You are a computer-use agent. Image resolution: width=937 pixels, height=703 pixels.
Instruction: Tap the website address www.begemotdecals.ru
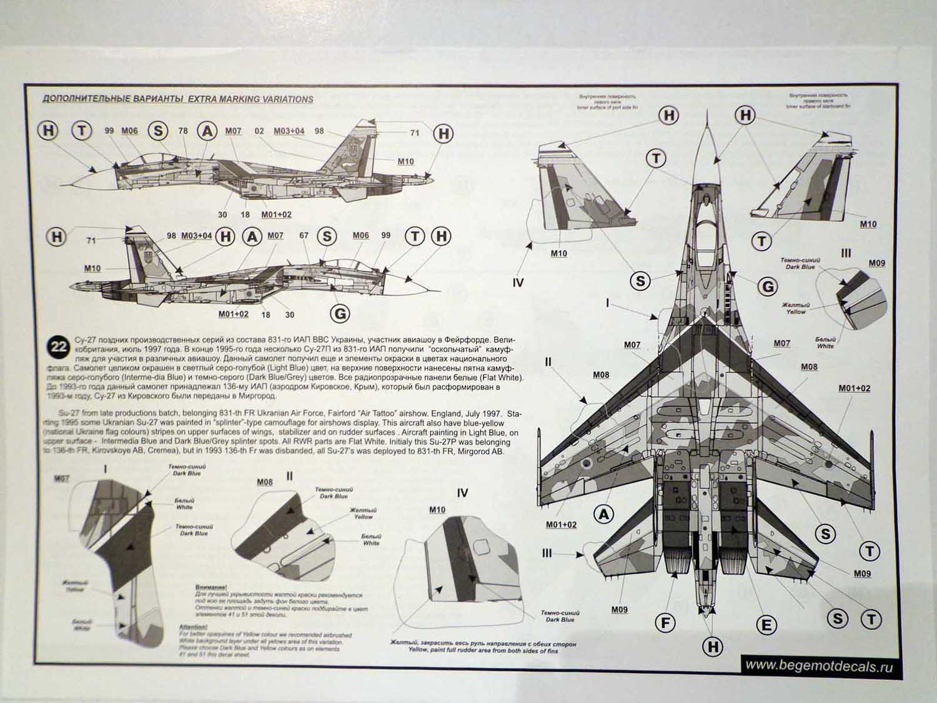[x=819, y=666]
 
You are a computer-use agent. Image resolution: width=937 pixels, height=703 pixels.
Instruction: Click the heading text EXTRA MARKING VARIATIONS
[x=250, y=99]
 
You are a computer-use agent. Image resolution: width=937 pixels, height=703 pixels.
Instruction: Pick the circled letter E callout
[x=766, y=624]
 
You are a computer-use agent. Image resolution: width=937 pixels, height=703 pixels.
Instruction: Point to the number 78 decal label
[x=183, y=131]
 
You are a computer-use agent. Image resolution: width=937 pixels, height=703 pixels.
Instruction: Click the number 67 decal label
[x=304, y=236]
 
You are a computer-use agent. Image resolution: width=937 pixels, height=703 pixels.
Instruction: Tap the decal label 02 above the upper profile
[x=259, y=131]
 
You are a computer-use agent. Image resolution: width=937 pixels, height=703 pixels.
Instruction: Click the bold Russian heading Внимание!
[x=211, y=587]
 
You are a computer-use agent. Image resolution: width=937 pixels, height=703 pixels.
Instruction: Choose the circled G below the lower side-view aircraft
[x=340, y=313]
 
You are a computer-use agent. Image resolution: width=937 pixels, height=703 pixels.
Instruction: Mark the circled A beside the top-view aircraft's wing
[x=603, y=514]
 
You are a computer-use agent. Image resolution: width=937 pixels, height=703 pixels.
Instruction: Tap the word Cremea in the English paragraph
[x=181, y=452]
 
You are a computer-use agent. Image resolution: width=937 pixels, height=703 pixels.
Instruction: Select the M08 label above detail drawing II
[x=265, y=482]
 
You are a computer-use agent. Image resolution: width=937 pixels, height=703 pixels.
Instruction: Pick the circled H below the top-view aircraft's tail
[x=712, y=647]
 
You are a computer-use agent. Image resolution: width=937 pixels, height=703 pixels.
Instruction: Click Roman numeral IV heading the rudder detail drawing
[x=462, y=493]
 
